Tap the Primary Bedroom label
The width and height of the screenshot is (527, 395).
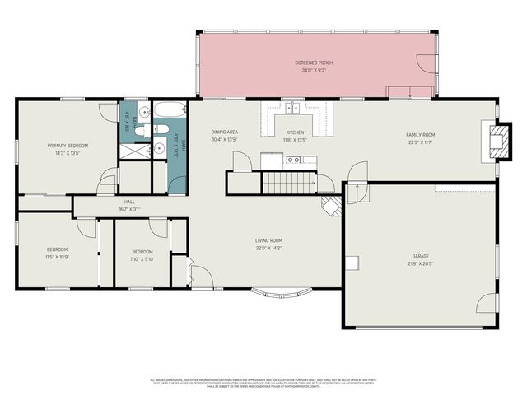68,146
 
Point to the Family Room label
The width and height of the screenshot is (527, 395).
420,134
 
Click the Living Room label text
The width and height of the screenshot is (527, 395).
268,240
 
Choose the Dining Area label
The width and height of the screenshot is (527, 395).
225,132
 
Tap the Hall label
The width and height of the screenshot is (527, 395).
129,202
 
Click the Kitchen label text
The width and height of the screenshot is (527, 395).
295,132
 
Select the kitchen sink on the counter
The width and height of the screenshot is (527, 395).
292,106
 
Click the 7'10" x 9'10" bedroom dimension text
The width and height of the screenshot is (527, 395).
142,259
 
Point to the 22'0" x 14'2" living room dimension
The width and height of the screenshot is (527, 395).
268,249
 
